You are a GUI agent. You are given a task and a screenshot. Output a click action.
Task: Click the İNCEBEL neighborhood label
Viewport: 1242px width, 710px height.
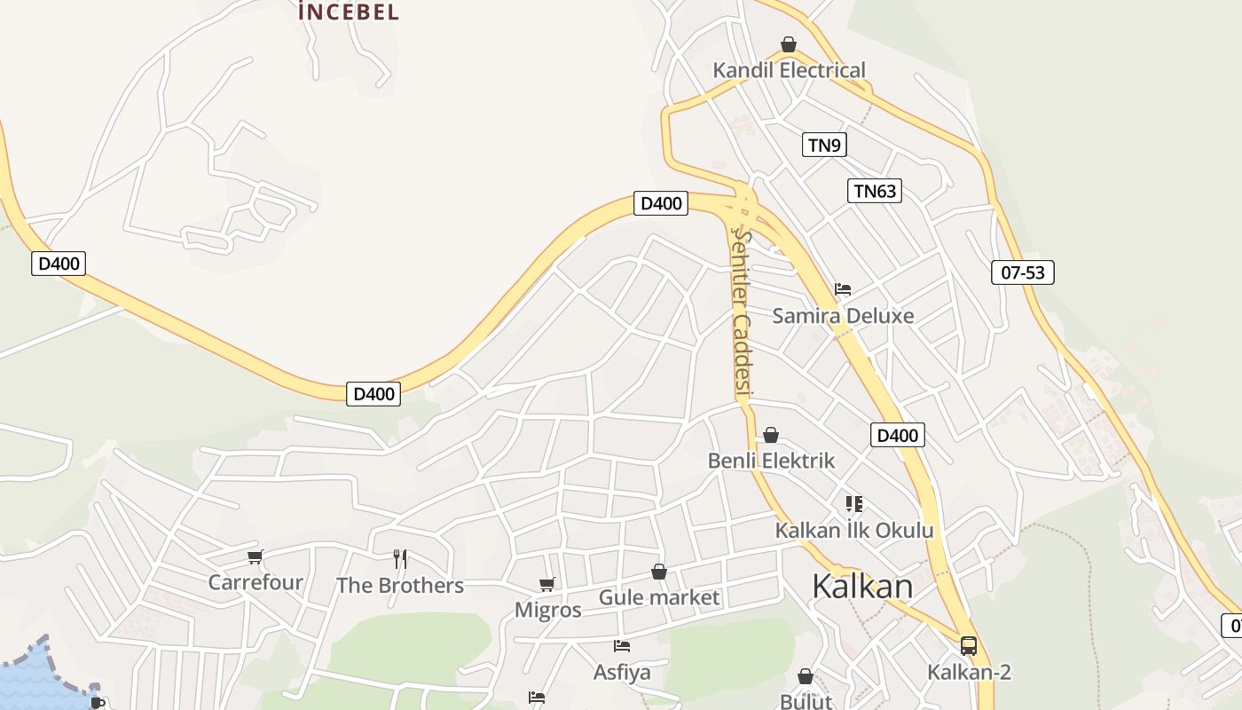click(349, 12)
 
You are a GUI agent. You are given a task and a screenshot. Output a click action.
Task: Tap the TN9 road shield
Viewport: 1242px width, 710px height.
click(824, 145)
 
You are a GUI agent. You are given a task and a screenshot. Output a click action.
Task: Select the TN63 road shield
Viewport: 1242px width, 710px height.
click(874, 191)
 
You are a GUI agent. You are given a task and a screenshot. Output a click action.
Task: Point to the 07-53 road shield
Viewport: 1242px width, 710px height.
click(1022, 272)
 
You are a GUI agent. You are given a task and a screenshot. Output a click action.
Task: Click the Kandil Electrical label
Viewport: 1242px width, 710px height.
click(789, 70)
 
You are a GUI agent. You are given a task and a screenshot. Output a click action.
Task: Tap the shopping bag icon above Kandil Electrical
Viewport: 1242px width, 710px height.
click(788, 44)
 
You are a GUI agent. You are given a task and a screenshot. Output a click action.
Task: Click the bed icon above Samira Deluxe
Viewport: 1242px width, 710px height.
click(843, 289)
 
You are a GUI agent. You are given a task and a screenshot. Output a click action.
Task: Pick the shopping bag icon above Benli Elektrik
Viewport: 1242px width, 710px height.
click(771, 435)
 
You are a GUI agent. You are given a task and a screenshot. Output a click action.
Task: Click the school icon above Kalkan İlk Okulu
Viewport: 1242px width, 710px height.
click(854, 504)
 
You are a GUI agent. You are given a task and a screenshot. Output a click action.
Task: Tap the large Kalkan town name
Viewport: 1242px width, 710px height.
click(862, 587)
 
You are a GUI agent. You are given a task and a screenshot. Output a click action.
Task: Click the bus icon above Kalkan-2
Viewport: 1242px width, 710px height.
click(969, 646)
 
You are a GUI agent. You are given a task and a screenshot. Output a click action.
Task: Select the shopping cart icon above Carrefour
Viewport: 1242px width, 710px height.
click(255, 556)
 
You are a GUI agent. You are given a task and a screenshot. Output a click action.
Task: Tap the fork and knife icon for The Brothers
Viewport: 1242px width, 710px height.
click(400, 559)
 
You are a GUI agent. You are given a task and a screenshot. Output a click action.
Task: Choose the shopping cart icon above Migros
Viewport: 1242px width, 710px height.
click(547, 584)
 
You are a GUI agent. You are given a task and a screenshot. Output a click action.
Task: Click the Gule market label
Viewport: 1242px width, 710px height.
click(659, 597)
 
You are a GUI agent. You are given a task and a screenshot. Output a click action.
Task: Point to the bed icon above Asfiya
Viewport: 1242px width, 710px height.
click(622, 646)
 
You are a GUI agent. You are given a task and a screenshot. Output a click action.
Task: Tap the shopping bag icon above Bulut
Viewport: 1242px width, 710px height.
click(806, 676)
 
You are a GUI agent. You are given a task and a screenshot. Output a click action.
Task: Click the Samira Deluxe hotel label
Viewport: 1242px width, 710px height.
click(843, 316)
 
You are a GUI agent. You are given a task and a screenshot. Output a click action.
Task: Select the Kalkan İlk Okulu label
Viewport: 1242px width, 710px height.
click(854, 531)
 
